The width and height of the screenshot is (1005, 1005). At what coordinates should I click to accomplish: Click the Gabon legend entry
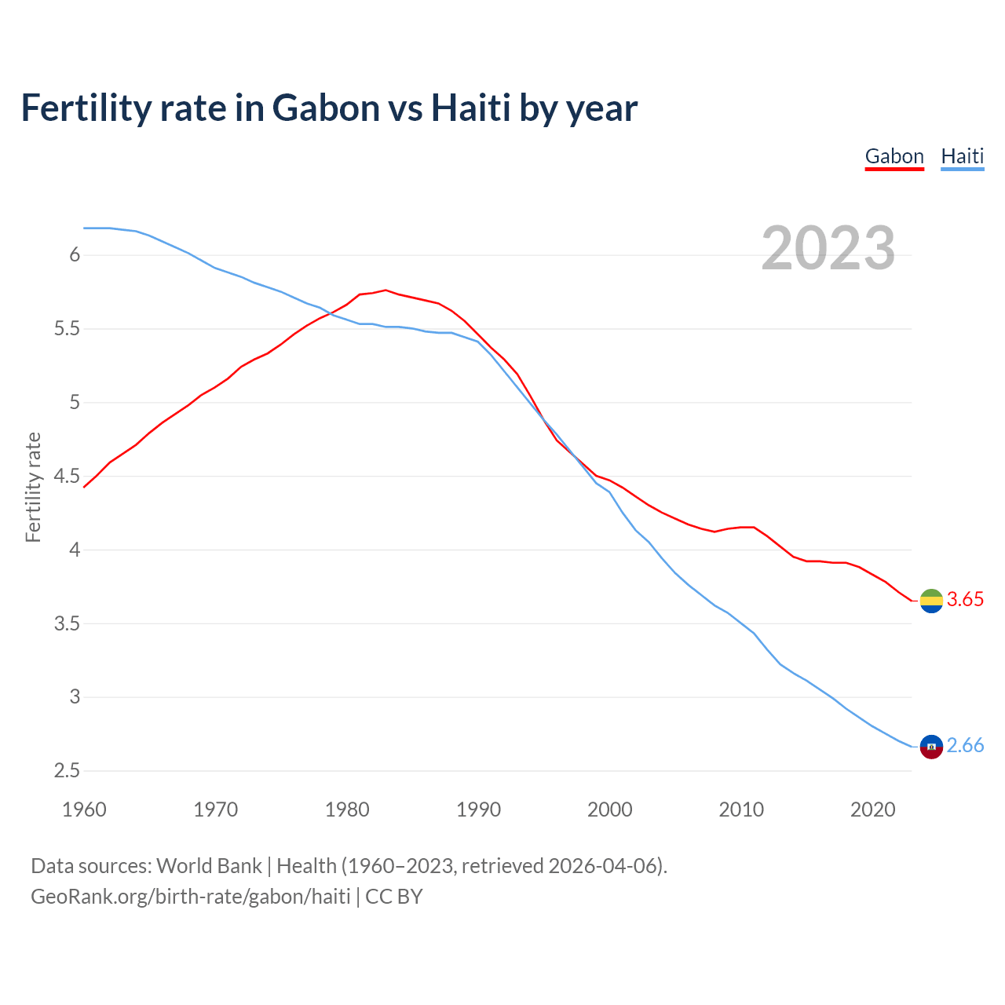[894, 156]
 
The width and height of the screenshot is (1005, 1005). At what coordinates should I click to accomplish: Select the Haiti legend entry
[962, 156]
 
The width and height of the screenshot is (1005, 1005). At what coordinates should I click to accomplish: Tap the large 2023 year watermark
[828, 248]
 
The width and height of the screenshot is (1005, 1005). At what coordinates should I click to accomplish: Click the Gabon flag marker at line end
[931, 601]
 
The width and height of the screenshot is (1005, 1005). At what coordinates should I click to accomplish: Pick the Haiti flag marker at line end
[931, 747]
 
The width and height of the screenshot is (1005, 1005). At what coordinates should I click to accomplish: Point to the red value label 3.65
[965, 600]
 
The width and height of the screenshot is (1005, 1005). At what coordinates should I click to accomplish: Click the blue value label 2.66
[965, 746]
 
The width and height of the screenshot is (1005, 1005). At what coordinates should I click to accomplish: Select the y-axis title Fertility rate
[33, 487]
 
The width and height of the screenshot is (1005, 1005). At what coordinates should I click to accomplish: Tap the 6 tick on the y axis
[75, 255]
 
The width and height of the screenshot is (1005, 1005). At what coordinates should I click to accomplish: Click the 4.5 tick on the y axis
[67, 477]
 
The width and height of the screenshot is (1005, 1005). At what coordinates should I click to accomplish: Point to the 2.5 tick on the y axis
[67, 771]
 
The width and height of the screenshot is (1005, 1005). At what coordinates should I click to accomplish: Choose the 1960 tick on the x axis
[84, 809]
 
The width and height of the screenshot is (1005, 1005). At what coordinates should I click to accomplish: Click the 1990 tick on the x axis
[478, 809]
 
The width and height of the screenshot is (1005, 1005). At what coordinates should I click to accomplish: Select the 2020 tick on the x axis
[872, 809]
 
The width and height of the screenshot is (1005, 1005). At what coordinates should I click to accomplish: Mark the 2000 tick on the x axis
[610, 809]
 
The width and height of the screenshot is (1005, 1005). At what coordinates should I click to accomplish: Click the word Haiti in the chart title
[470, 108]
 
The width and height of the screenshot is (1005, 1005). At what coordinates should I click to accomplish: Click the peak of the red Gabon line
[386, 290]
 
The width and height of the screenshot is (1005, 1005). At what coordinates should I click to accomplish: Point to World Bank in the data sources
[209, 866]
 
